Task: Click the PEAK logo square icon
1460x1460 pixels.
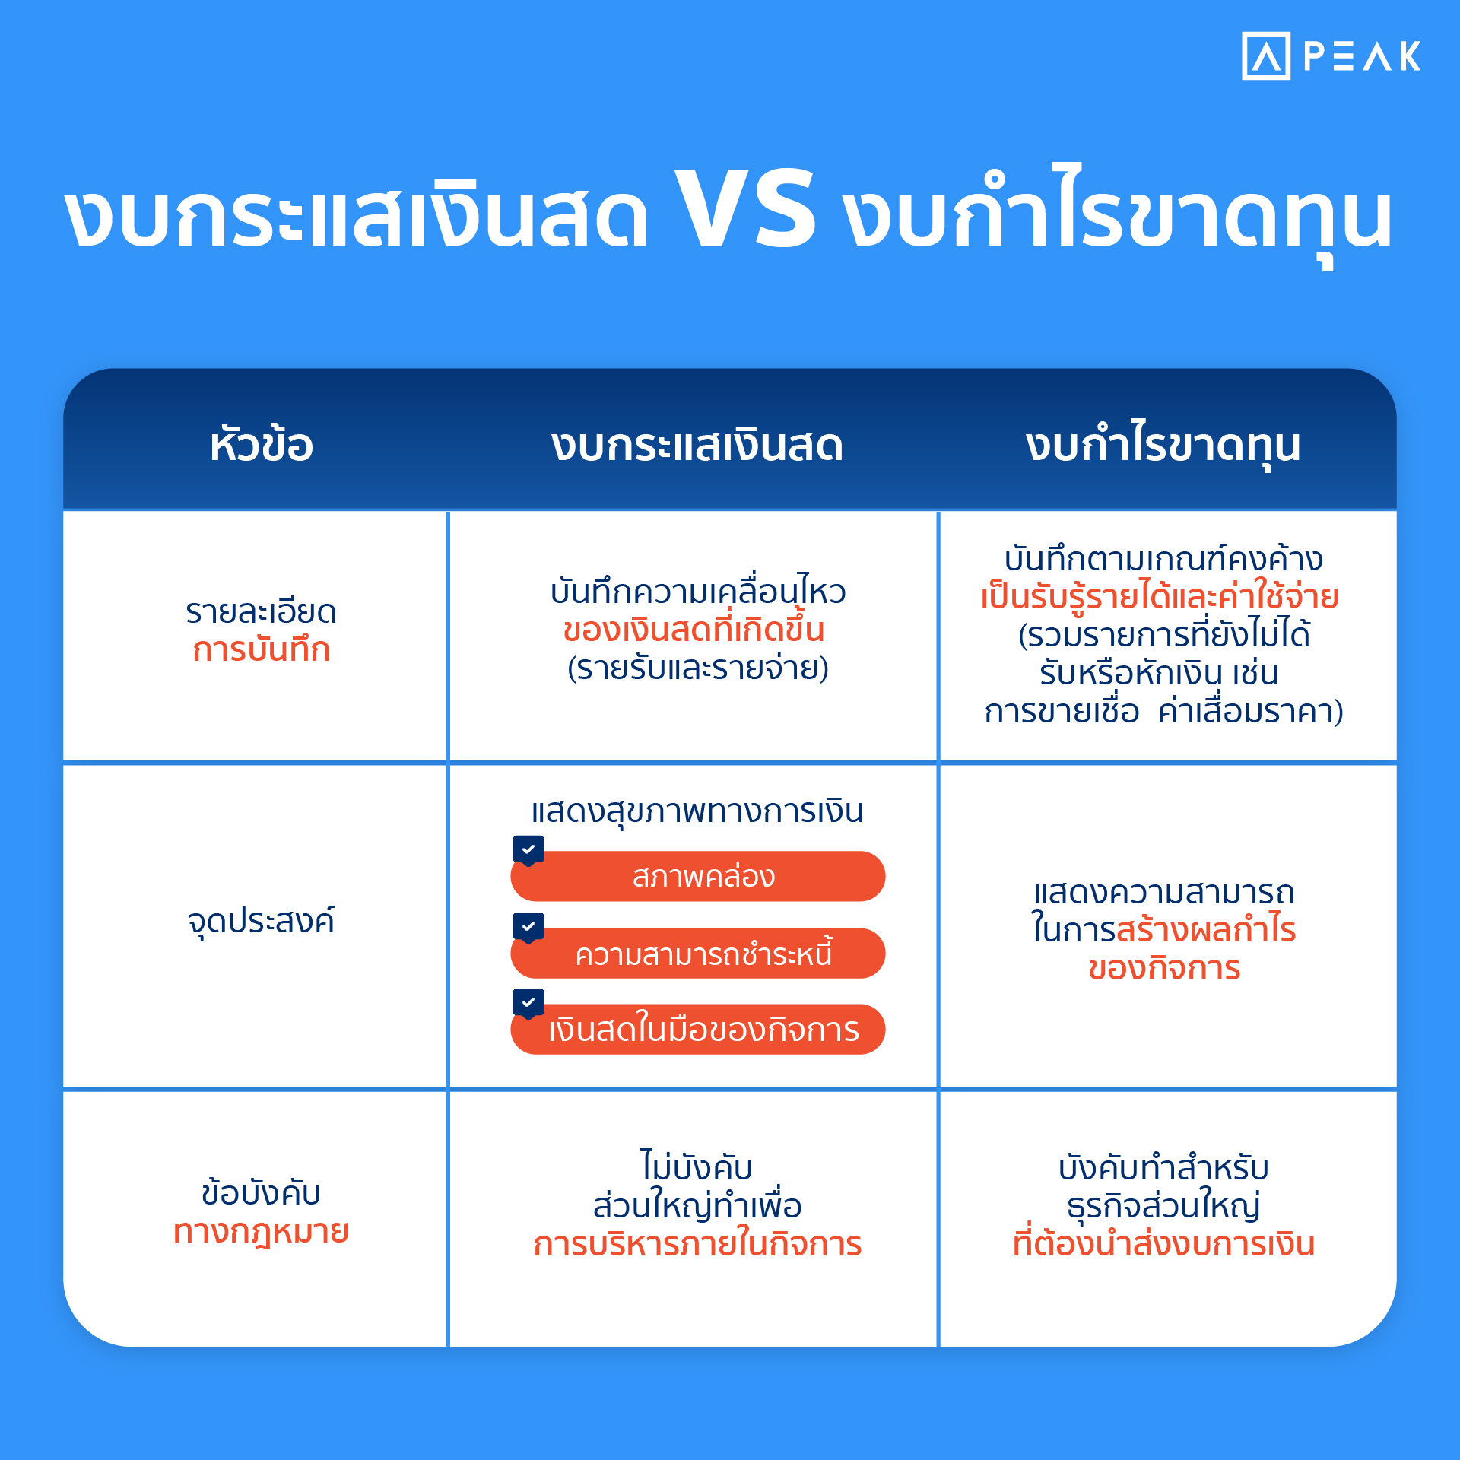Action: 1265,56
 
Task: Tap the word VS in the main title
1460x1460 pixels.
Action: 744,208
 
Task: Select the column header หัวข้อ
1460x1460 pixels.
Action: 261,445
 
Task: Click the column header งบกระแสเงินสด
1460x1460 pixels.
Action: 697,445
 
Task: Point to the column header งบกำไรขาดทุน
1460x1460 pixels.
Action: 1163,445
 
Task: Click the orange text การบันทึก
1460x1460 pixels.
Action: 261,650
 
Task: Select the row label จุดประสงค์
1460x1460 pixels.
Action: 261,921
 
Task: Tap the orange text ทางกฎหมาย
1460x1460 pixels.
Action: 261,1230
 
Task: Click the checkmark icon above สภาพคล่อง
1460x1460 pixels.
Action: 528,849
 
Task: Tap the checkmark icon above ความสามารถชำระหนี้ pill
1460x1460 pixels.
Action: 528,926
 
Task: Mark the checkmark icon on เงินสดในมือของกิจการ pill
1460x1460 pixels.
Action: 528,1002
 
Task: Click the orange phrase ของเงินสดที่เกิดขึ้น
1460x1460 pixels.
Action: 693,630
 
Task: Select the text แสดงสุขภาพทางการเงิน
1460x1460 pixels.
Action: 697,811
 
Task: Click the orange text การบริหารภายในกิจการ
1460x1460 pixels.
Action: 697,1244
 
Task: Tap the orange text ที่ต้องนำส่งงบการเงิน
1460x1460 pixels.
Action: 1163,1244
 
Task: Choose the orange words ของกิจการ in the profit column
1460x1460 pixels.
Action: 1163,969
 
